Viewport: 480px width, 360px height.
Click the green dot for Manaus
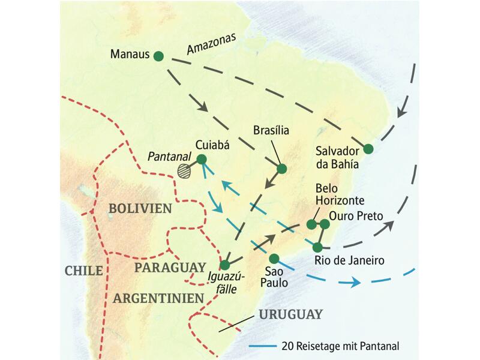tap(158, 56)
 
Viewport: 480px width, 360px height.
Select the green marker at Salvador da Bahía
tap(368, 149)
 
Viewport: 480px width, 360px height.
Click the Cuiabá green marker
tap(202, 159)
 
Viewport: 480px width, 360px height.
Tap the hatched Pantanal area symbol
tap(186, 171)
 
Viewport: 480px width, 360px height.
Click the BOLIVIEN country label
tap(140, 208)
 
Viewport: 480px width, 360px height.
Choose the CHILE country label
tap(83, 271)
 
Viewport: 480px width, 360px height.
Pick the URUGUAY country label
tap(290, 314)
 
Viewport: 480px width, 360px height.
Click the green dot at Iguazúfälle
tap(224, 265)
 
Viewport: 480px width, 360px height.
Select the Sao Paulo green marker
tap(274, 259)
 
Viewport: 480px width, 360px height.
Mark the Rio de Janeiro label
tap(349, 260)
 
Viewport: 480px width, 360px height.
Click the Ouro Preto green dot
tap(325, 224)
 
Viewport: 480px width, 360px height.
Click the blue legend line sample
tap(263, 346)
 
